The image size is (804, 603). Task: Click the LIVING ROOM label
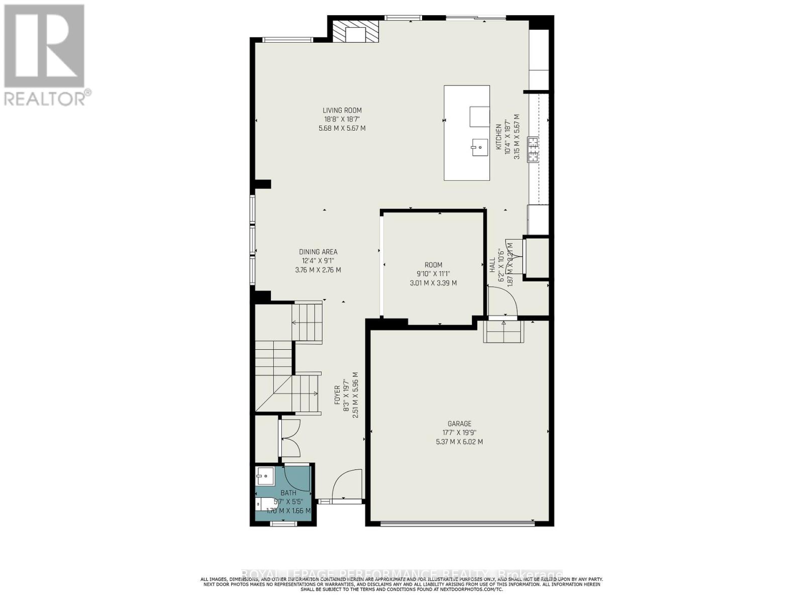click(x=342, y=111)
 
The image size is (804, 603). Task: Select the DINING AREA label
click(x=318, y=252)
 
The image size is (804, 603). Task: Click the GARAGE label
click(x=459, y=424)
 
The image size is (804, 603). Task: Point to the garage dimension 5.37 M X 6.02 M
click(x=459, y=442)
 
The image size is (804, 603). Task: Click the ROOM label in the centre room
click(x=433, y=265)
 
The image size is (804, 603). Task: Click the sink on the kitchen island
click(x=479, y=147)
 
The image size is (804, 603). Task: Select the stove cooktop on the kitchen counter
click(x=533, y=149)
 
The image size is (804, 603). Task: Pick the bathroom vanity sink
click(x=265, y=475)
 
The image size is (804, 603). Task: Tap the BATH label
click(x=288, y=493)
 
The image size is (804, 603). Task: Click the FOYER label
click(x=337, y=395)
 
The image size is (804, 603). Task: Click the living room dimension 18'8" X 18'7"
click(x=342, y=120)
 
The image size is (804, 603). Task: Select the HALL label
click(x=492, y=265)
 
